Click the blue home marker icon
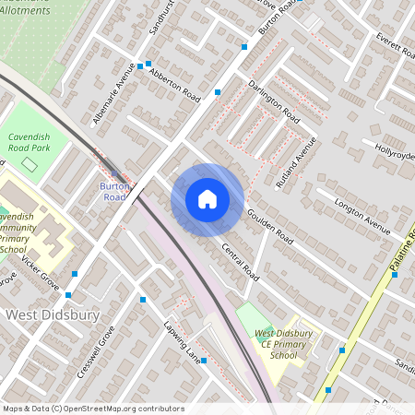pos(207,199)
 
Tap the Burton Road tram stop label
pos(113,191)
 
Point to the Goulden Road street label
pos(269,226)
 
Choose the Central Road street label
pos(237,257)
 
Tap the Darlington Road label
pos(274,101)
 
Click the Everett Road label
pos(395,47)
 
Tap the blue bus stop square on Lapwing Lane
pos(204,361)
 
